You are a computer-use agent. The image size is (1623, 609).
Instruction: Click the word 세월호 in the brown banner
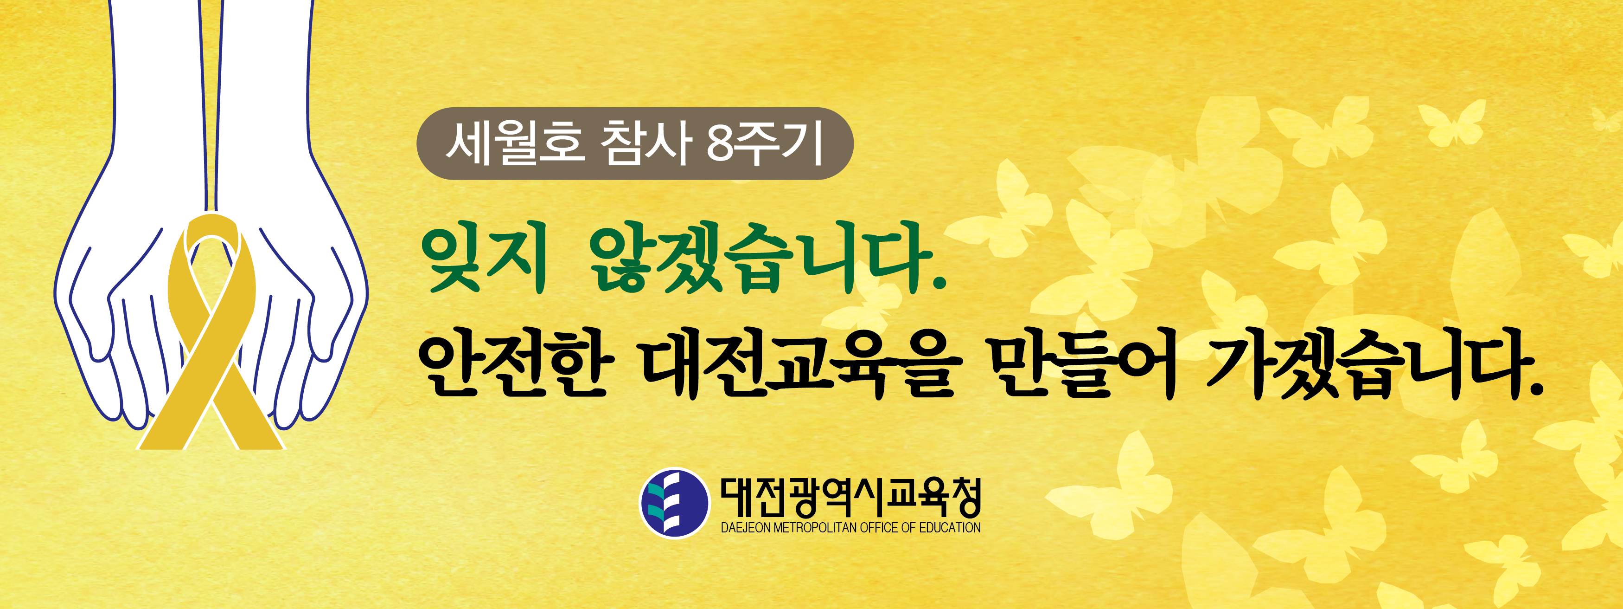[513, 144]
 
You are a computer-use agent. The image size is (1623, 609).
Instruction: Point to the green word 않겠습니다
[759, 259]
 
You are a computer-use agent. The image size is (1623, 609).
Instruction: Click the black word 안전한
[515, 366]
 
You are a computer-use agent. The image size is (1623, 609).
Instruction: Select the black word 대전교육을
[800, 366]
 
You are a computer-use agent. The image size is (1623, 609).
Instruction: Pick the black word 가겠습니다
[1367, 366]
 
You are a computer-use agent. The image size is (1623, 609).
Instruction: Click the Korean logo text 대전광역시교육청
[850, 497]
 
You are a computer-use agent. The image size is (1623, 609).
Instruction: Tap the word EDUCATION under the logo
[950, 528]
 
